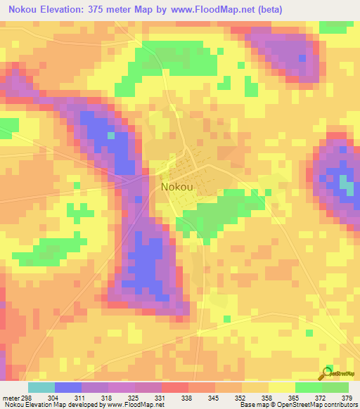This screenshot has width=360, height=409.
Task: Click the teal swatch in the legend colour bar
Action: [41, 387]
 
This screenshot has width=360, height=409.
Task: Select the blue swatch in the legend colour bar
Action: [68, 387]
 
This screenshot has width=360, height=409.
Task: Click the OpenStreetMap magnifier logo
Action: [328, 373]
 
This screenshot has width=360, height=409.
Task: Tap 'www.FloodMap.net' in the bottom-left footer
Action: [134, 405]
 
